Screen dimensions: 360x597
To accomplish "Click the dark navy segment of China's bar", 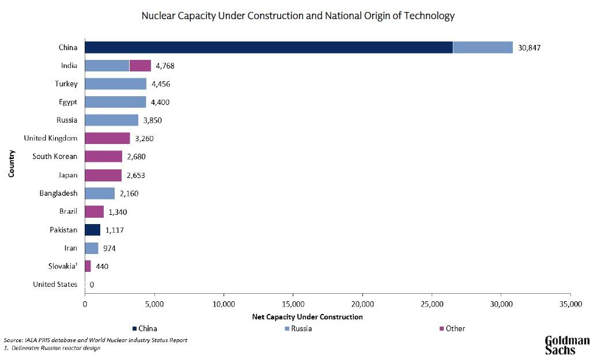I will coord(269,47).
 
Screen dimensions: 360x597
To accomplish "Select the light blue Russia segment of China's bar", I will coord(483,47).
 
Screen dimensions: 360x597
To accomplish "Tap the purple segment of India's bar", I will coord(140,66).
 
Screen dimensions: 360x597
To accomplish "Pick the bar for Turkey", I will coord(115,84).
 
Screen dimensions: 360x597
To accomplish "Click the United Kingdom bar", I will coord(107,138).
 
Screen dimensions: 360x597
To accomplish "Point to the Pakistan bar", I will coord(92,230).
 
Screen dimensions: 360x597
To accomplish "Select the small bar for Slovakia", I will coord(88,266).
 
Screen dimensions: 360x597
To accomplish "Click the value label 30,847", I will coord(528,48).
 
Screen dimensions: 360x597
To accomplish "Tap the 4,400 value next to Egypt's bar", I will coord(161,103).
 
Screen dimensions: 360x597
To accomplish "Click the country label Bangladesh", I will coord(58,193).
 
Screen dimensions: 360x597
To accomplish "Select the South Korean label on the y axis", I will coord(55,157).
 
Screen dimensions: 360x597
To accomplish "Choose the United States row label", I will coord(55,285).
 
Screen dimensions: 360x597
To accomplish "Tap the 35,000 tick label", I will coord(570,304).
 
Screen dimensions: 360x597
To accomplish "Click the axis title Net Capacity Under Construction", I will coord(308,317).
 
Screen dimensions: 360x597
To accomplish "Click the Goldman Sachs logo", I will coord(567,344).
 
